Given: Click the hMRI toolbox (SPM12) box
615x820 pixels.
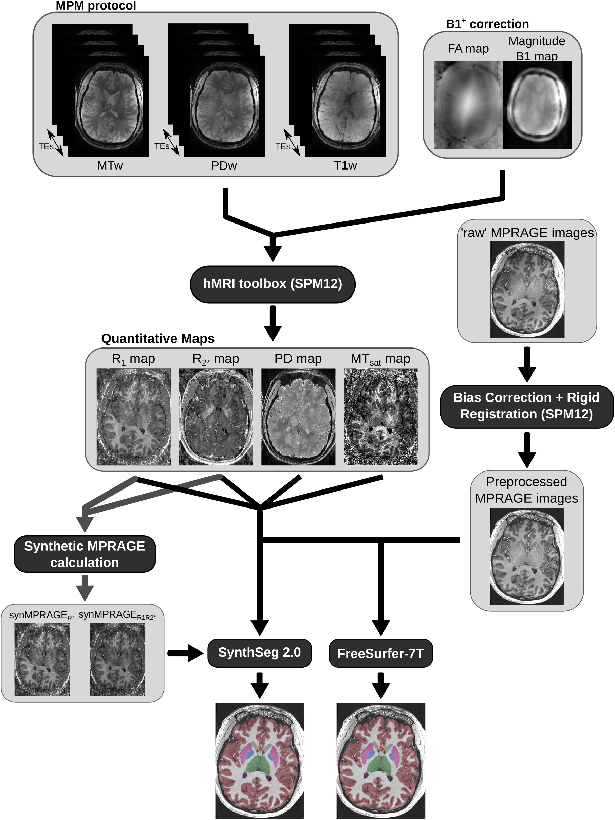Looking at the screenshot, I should coord(272,284).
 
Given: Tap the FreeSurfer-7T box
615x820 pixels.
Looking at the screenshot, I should coord(380,653).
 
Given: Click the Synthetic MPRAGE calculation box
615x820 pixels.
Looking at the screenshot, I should coord(85,554).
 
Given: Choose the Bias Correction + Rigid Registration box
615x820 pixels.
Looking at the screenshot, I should coord(526,406).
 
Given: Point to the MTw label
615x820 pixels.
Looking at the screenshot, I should coord(110,165).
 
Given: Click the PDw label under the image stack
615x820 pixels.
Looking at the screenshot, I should coord(224,166).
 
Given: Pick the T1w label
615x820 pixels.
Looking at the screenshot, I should coord(345,165).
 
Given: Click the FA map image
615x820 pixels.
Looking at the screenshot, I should coord(468,105).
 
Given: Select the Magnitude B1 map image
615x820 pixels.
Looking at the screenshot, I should coord(537,105).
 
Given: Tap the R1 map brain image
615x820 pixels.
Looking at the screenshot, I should coord(133,416).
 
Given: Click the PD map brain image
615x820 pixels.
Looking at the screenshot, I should coord(298,416).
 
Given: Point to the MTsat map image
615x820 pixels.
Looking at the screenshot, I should coord(380,416).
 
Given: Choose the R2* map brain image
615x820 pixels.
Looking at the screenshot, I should coord(216,416).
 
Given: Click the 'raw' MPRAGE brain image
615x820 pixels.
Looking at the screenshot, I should coord(527,289).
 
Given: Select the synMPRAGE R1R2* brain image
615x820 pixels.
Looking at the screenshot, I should coord(117,659).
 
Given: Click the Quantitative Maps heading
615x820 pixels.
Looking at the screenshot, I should coord(158,338).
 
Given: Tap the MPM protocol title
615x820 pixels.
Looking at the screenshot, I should coord(96,5).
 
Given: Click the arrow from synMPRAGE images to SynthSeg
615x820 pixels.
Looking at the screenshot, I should coord(185,653).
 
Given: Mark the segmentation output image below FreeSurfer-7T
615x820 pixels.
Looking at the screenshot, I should coord(380,760).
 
